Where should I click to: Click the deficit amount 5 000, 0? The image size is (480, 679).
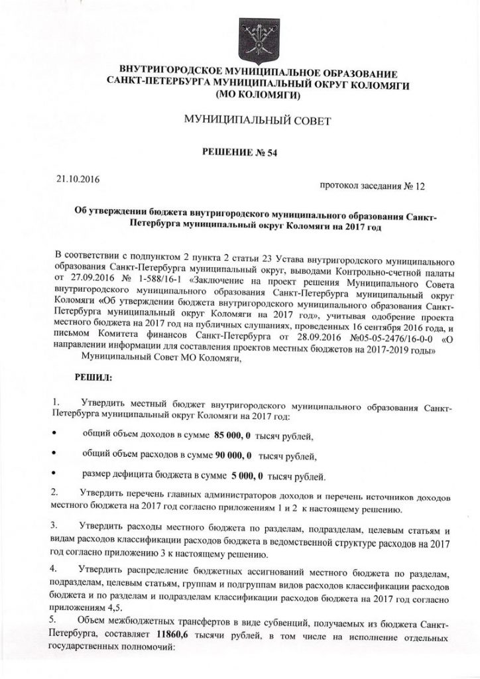click(x=247, y=475)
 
